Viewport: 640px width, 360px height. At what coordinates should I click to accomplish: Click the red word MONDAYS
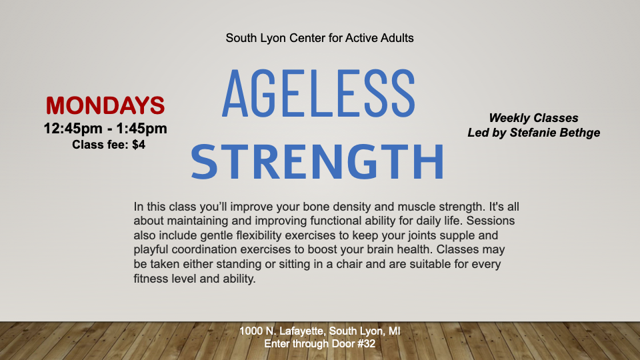click(105, 105)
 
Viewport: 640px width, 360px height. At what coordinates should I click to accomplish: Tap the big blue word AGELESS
click(319, 93)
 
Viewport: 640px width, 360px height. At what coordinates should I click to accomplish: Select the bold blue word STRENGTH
click(317, 161)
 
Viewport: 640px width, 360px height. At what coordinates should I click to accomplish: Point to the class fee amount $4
click(139, 145)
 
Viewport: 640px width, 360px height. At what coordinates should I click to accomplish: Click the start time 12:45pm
click(73, 128)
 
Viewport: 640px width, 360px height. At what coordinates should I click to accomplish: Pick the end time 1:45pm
click(141, 128)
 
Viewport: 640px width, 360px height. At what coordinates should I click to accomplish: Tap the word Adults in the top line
click(397, 38)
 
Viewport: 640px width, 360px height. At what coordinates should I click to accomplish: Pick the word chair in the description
click(349, 264)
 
